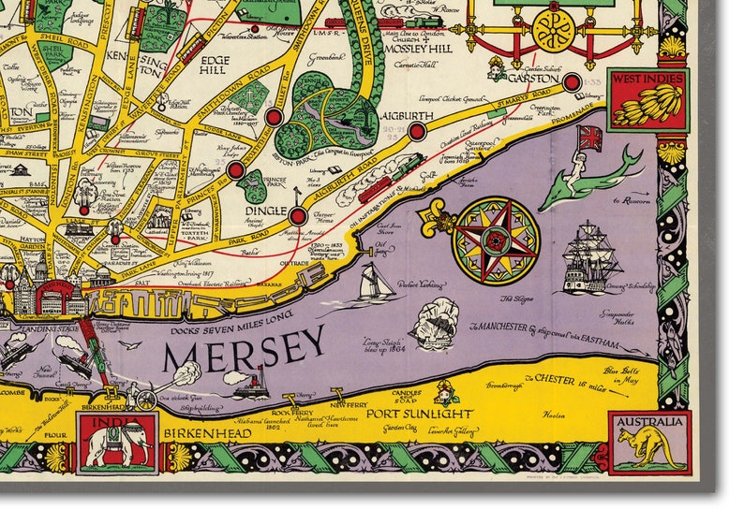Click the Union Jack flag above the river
pos(590,138)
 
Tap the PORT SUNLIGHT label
pos(402,413)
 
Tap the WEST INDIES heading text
pos(647,79)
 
